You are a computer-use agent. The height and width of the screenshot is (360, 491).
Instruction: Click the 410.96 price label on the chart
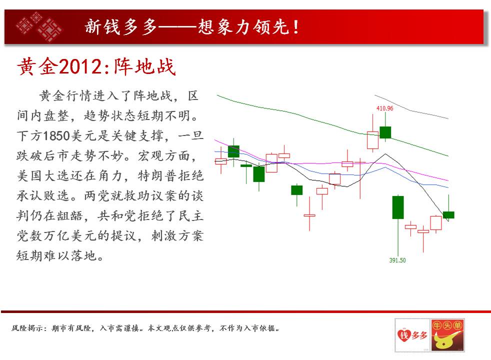click(384, 108)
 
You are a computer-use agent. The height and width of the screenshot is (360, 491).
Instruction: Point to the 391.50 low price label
click(397, 260)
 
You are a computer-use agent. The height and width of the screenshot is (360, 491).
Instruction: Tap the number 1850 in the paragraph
click(56, 136)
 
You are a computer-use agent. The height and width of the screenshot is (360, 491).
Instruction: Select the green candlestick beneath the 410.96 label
click(385, 132)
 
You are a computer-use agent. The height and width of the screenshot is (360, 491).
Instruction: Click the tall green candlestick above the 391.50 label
click(398, 207)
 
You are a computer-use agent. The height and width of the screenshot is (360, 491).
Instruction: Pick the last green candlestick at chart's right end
click(448, 214)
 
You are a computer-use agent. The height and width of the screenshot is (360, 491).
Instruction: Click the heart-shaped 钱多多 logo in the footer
click(412, 335)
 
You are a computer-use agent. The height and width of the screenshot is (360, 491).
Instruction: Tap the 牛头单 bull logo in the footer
click(447, 335)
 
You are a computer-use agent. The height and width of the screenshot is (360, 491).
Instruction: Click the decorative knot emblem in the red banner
click(39, 26)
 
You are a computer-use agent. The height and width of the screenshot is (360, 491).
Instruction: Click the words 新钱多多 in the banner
click(121, 26)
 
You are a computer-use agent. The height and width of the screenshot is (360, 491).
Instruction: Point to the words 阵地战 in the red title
click(144, 66)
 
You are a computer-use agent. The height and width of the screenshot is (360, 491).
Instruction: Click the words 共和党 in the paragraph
click(117, 216)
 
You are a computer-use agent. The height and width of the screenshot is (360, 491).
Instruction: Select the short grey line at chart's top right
click(411, 106)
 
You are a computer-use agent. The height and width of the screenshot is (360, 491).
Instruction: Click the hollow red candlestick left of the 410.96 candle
click(372, 140)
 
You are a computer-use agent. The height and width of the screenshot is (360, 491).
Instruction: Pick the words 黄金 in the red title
click(37, 66)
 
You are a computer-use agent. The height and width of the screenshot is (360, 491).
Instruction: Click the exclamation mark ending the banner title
click(295, 27)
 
